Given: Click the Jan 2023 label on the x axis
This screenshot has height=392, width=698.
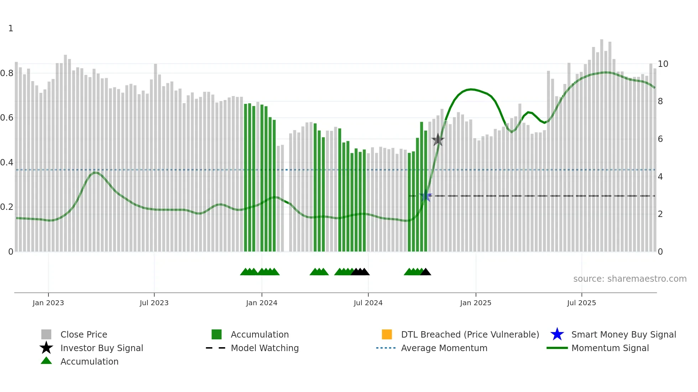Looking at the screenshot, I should pyautogui.click(x=48, y=303).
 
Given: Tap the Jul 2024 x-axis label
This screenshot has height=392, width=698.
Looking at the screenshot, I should pyautogui.click(x=368, y=303).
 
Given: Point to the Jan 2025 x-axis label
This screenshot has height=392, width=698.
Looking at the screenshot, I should pyautogui.click(x=475, y=303).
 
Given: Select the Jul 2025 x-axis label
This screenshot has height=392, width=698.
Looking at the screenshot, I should pyautogui.click(x=581, y=303).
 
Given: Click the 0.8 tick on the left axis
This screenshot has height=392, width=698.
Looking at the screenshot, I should pyautogui.click(x=7, y=73).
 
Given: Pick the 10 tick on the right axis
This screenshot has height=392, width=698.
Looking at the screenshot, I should pyautogui.click(x=663, y=64).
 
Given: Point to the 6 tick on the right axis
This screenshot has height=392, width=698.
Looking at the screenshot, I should pyautogui.click(x=660, y=139).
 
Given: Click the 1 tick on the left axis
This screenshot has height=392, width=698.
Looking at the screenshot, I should pyautogui.click(x=11, y=28).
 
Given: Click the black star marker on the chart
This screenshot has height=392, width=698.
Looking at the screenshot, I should pyautogui.click(x=438, y=140).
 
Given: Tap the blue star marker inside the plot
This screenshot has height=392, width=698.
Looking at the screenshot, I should pyautogui.click(x=425, y=196).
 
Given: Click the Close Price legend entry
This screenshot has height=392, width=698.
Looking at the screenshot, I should pyautogui.click(x=84, y=335).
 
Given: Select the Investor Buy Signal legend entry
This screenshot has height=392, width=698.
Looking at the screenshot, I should pyautogui.click(x=101, y=348).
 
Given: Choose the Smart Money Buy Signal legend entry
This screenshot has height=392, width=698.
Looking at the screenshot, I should pyautogui.click(x=624, y=335).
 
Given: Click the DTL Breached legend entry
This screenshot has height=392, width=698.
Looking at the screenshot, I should pyautogui.click(x=470, y=335).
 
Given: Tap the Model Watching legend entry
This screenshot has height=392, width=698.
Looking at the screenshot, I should pyautogui.click(x=265, y=348).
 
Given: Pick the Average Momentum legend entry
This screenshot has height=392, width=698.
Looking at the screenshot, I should pyautogui.click(x=444, y=348).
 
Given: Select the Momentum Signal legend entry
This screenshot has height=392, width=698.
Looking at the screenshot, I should pyautogui.click(x=610, y=348).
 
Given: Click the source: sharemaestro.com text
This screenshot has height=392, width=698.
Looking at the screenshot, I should pyautogui.click(x=630, y=279).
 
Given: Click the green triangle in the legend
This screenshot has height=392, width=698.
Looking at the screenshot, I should pyautogui.click(x=46, y=361).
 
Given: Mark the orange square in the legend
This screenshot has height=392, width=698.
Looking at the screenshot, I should pyautogui.click(x=387, y=334).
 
